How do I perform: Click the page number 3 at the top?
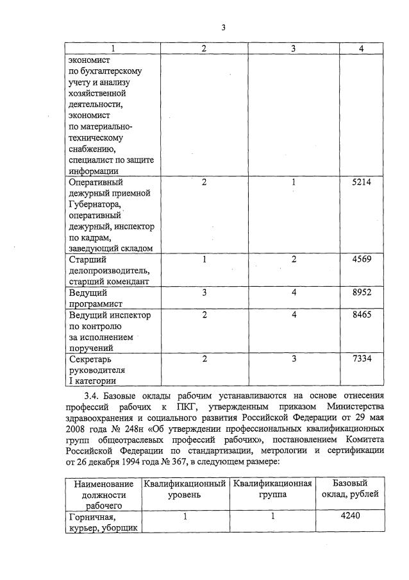tap(223, 28)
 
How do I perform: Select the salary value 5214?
tap(362, 182)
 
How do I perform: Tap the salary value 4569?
tap(362, 259)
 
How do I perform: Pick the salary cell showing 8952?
tap(362, 293)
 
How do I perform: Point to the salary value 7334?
tap(362, 359)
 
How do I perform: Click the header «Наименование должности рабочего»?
tap(104, 495)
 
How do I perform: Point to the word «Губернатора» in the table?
tap(95, 204)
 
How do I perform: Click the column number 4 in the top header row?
tap(361, 49)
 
